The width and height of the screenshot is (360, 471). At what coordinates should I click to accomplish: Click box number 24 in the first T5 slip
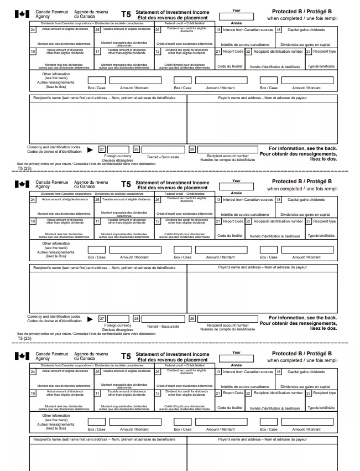tap(33, 29)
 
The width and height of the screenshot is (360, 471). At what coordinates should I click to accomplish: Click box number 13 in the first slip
tap(218, 29)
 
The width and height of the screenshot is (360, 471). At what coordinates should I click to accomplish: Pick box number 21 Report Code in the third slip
tap(218, 392)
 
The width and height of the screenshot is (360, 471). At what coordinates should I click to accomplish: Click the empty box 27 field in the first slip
tap(118, 149)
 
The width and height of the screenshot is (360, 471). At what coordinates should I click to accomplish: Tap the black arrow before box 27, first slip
tap(90, 149)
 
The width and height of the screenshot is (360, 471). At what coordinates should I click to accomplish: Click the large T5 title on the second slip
tap(126, 184)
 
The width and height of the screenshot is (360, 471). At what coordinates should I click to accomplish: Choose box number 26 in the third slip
tap(157, 371)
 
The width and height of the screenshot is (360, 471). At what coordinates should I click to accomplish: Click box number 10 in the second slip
tap(33, 221)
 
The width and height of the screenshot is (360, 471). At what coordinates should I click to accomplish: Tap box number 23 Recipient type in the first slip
tap(308, 51)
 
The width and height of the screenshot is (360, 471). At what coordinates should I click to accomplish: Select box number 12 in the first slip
tap(157, 51)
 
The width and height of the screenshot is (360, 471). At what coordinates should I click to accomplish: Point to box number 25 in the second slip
tap(97, 200)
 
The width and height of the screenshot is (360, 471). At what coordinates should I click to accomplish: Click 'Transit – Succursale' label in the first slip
tap(163, 157)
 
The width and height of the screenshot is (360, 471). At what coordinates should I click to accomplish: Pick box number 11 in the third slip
tap(97, 393)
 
